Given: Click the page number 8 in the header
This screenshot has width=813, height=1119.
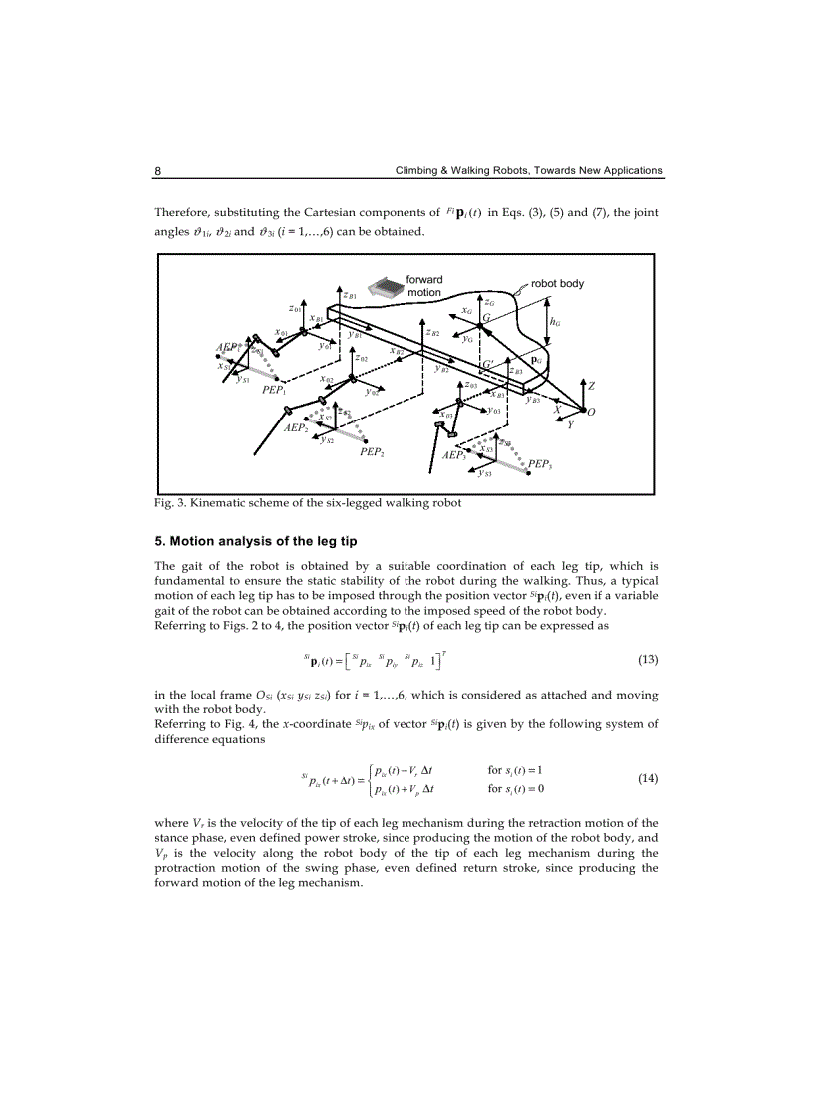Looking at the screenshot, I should click(158, 171).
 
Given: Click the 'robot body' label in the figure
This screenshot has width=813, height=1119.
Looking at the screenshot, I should click(557, 284).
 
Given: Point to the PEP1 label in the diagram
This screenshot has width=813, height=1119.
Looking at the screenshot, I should click(274, 391).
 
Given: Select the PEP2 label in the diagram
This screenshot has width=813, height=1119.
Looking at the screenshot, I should click(372, 452).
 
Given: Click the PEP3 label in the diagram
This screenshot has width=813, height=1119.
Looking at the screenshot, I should click(540, 464).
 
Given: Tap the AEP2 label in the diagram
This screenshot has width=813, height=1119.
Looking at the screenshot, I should click(295, 427).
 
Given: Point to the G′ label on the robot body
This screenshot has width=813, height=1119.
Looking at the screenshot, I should click(488, 364).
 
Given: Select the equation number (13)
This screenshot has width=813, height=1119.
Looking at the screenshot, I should click(647, 659).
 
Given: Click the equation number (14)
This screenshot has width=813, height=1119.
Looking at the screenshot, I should click(647, 778).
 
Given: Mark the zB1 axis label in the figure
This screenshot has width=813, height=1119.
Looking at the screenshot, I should click(350, 295).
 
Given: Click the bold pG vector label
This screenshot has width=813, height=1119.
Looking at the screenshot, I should click(536, 361).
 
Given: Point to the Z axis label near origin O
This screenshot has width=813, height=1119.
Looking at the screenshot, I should click(591, 386).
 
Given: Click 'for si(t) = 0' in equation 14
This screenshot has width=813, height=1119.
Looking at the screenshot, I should click(515, 789).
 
